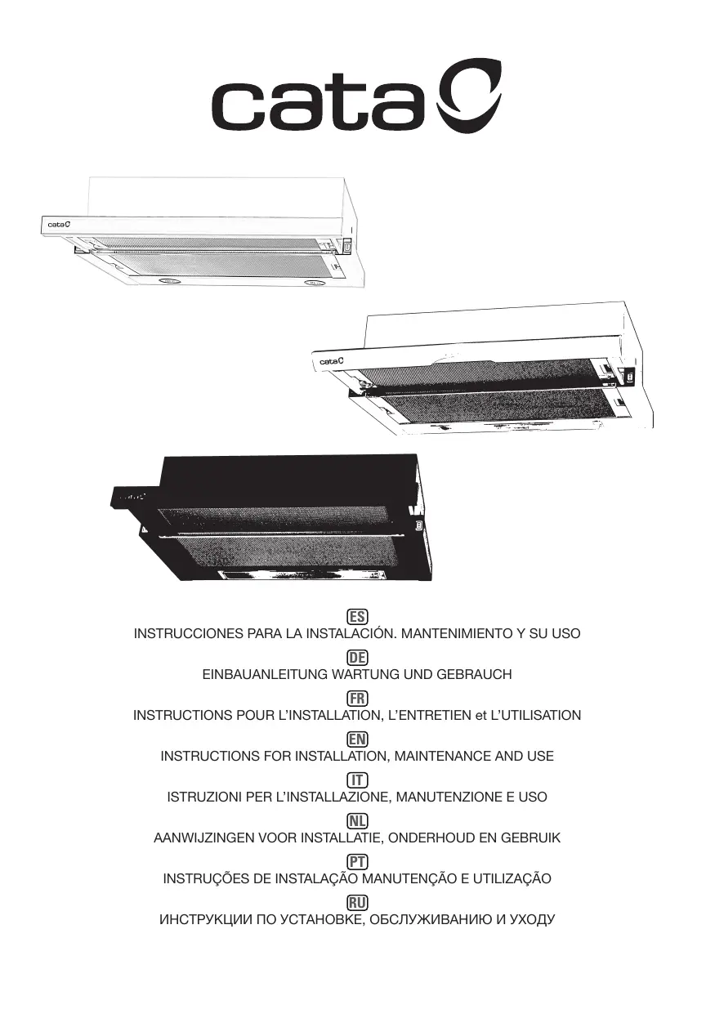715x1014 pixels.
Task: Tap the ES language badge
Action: pyautogui.click(x=357, y=616)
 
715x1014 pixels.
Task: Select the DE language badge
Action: pyautogui.click(x=357, y=658)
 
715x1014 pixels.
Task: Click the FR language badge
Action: pyautogui.click(x=357, y=698)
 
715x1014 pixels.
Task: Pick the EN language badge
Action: pyautogui.click(x=357, y=739)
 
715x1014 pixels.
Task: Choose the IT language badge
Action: pyautogui.click(x=357, y=779)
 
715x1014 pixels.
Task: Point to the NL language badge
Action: pyautogui.click(x=357, y=820)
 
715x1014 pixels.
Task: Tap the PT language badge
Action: pyautogui.click(x=357, y=861)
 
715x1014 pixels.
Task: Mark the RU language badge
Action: pyautogui.click(x=357, y=902)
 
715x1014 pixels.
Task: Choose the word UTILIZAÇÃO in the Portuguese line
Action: pyautogui.click(x=512, y=879)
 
